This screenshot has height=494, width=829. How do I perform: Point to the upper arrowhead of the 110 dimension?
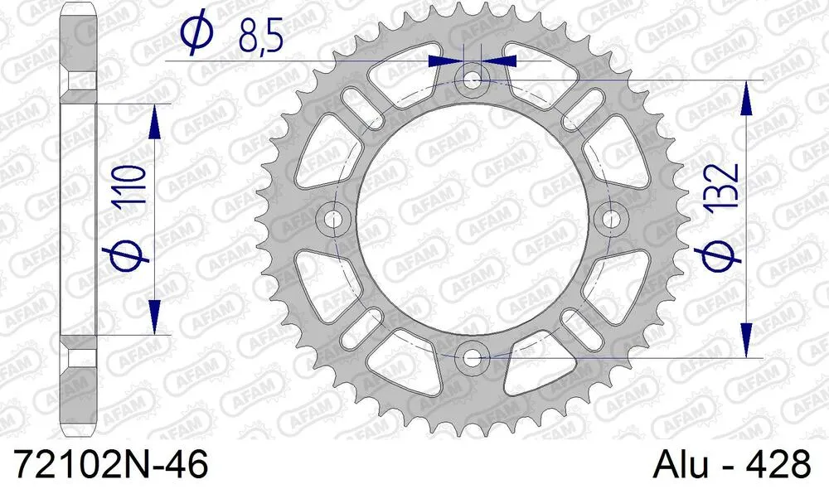(153, 120)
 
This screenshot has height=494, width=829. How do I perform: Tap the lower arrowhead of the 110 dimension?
(153, 318)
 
